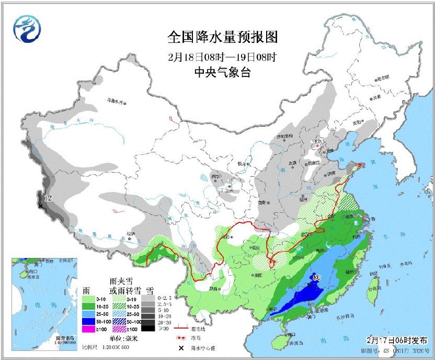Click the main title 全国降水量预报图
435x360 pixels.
pyautogui.click(x=222, y=37)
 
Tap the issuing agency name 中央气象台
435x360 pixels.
pyautogui.click(x=222, y=72)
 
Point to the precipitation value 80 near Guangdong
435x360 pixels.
pyautogui.click(x=316, y=277)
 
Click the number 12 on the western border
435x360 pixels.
pyautogui.click(x=48, y=198)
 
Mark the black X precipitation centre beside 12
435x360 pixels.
pyautogui.click(x=40, y=206)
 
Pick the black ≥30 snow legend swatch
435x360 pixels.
pyautogui.click(x=148, y=329)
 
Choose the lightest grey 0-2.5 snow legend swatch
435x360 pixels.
pyautogui.click(x=148, y=296)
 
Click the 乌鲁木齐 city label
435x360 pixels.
pyautogui.click(x=117, y=100)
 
